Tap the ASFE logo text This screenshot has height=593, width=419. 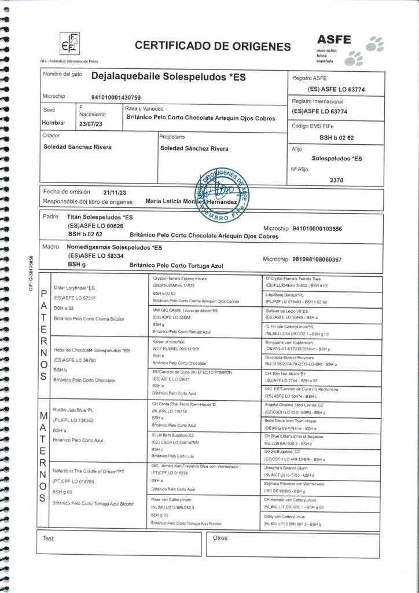point(334,39)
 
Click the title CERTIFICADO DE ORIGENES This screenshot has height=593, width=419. point(212,46)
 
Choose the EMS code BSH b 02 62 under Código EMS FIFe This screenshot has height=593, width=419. point(340,138)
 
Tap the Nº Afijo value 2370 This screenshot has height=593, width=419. point(336,180)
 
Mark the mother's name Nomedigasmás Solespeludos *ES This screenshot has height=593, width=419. point(115,247)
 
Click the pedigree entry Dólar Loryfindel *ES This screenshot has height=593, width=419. point(73,288)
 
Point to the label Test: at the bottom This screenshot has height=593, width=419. point(49,538)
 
